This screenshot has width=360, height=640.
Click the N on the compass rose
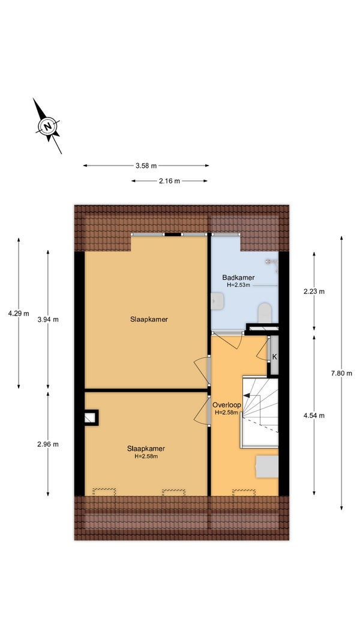click(48, 126)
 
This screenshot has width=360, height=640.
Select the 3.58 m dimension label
click(146, 166)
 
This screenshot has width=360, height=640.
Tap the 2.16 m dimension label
click(169, 181)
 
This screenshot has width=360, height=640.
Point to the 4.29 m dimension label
click(19, 314)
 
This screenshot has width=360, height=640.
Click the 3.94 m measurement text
click(48, 320)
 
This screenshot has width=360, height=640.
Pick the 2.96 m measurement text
click(48, 444)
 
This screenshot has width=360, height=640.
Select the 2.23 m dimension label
click(314, 292)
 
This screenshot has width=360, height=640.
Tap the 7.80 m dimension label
click(341, 373)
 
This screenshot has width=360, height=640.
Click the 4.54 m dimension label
click(314, 416)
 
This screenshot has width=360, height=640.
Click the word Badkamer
click(238, 278)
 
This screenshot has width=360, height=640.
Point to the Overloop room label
click(227, 405)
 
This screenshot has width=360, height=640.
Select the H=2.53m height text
click(238, 285)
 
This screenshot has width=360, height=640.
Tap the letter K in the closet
click(275, 356)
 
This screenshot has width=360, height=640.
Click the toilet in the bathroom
click(265, 313)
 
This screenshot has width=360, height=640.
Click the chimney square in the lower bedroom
click(91, 417)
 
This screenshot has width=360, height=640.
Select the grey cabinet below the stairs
click(266, 467)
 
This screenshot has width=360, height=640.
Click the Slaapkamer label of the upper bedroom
click(149, 319)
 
